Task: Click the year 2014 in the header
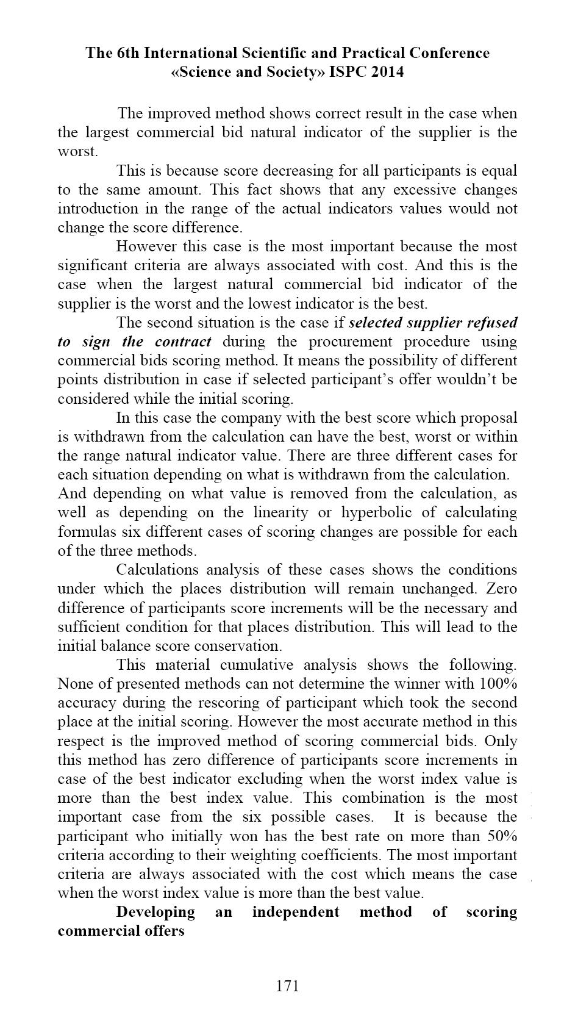coord(384,72)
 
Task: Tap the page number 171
coord(288,985)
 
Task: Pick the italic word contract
coord(182,341)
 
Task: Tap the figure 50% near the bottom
coord(502,836)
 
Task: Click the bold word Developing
coord(155,912)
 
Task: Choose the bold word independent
coord(295,912)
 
